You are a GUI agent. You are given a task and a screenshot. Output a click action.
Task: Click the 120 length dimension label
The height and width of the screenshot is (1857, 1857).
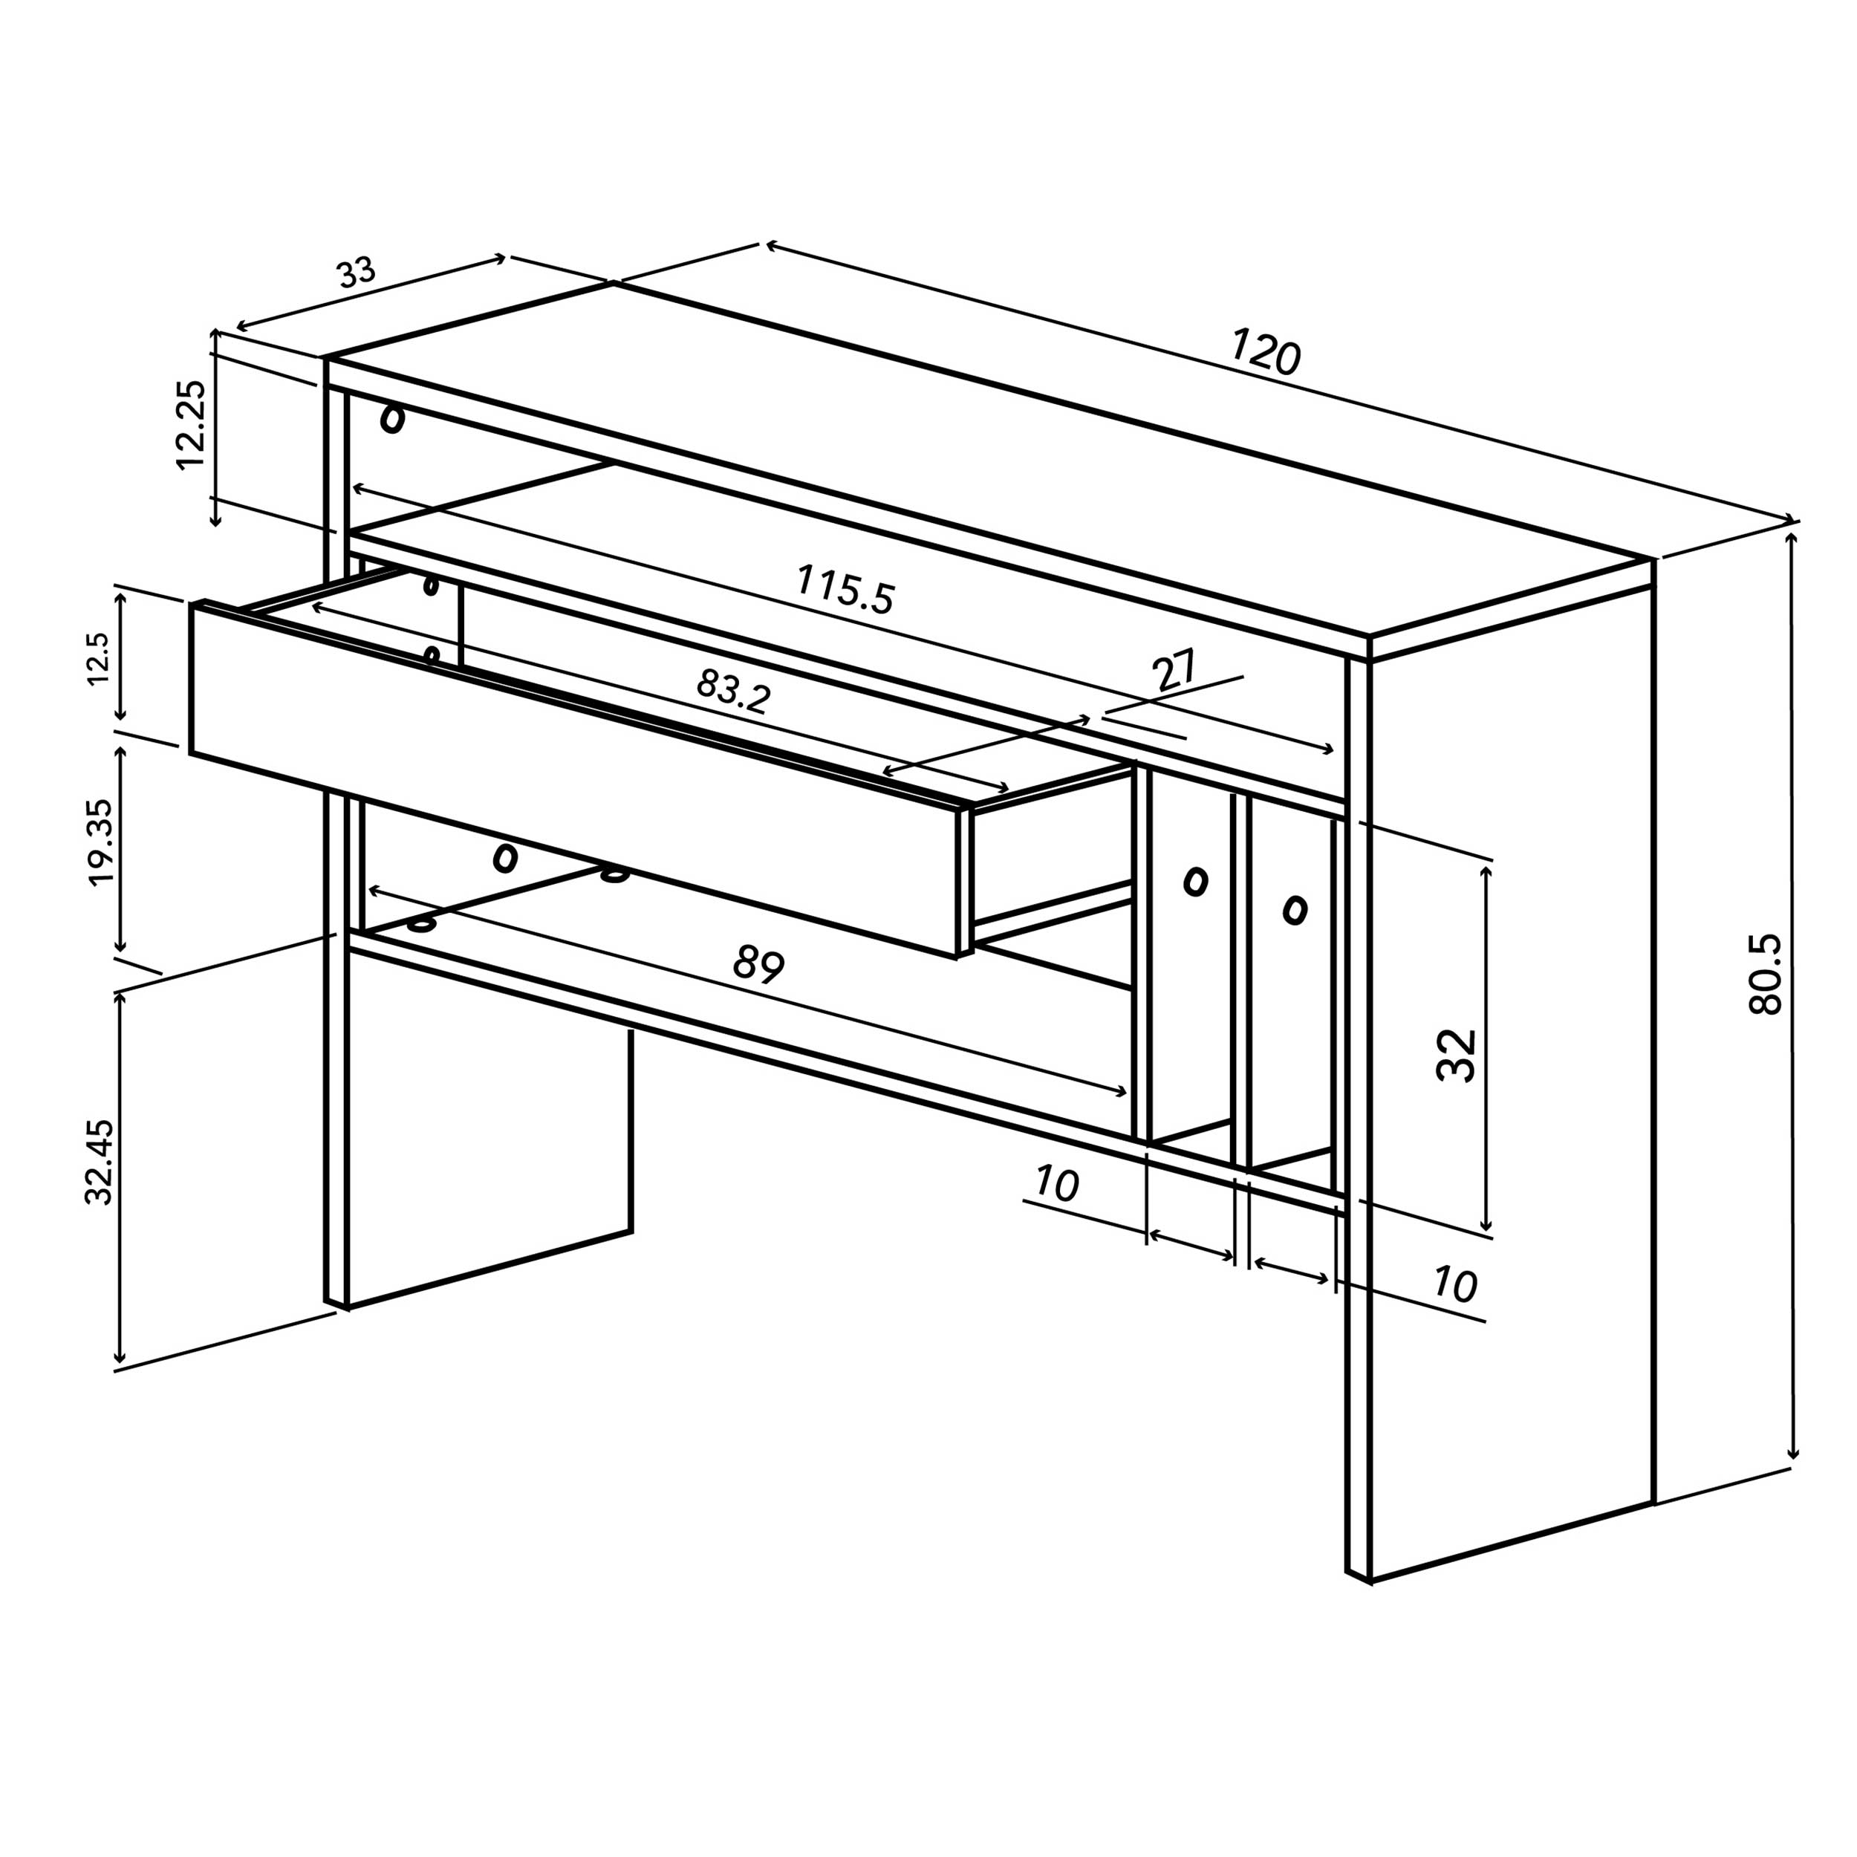1265,352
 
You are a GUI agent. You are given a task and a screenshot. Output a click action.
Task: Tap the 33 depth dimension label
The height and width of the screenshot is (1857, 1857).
357,273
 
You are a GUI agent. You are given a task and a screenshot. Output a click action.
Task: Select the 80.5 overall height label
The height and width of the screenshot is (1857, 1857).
1766,974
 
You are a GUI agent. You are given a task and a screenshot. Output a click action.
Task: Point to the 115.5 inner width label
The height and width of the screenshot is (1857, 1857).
845,589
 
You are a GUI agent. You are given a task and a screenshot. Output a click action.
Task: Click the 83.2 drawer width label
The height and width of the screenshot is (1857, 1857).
733,691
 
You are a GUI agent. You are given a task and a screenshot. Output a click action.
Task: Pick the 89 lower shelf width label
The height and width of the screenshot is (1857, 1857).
758,964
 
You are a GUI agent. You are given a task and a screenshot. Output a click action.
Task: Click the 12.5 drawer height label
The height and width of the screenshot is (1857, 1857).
99,658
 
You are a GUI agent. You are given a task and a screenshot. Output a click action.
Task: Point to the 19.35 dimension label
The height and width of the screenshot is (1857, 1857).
100,843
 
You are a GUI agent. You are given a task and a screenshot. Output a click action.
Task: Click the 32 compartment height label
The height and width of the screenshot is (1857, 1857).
1455,1056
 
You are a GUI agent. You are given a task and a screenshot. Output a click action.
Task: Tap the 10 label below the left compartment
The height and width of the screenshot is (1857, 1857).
1057,1184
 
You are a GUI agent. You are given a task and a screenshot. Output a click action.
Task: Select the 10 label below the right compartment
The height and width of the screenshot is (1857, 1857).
1454,1285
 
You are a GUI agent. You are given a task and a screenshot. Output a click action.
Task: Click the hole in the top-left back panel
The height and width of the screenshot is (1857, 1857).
392,419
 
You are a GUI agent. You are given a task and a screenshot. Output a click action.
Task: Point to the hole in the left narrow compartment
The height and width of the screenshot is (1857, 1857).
1196,880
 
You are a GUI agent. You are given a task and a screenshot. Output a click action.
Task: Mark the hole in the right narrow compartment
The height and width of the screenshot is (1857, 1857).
1295,909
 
